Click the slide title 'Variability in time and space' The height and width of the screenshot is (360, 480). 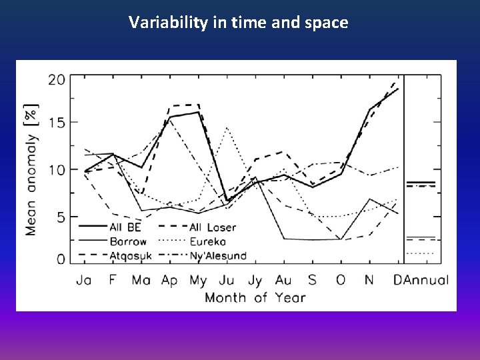[239, 23]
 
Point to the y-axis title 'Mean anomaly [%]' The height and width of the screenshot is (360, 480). [31, 169]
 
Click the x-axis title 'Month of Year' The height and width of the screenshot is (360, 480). [255, 297]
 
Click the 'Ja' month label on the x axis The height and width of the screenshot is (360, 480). [85, 280]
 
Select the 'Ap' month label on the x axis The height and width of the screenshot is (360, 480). [169, 281]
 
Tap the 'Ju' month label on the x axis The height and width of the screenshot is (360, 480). [227, 280]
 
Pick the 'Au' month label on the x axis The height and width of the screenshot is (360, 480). [283, 280]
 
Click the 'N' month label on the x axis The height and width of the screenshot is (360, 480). [369, 280]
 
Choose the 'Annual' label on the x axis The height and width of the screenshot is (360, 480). [427, 280]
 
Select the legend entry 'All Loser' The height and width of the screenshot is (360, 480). [212, 227]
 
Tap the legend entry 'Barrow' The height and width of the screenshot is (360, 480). [127, 241]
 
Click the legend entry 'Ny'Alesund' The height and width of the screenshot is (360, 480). [217, 255]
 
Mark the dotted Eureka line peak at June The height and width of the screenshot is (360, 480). [227, 127]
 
